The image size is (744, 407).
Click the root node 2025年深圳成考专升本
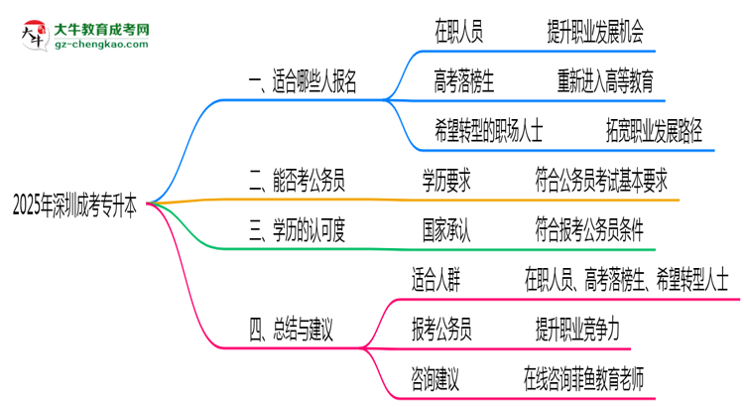click(x=74, y=203)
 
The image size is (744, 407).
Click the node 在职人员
click(x=458, y=33)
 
